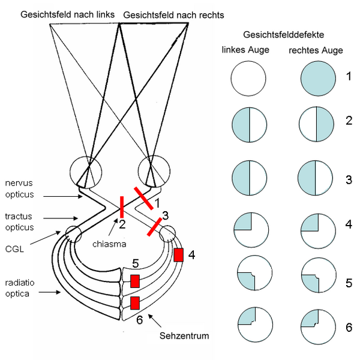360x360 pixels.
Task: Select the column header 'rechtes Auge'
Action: [316, 50]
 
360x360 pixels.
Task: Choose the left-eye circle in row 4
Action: [248, 230]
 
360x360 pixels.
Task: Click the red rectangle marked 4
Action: [178, 254]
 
